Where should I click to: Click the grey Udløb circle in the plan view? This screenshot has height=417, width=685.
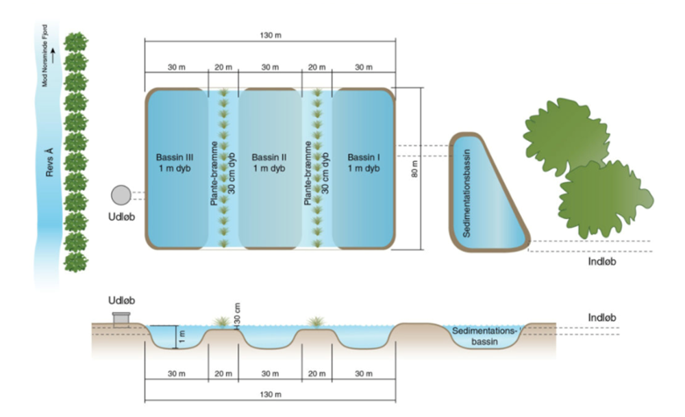coord(121,195)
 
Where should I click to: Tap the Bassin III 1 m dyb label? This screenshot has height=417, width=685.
coord(176,162)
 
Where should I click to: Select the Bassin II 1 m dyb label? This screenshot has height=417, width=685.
coord(270,162)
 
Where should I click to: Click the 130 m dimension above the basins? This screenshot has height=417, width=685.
coord(273,35)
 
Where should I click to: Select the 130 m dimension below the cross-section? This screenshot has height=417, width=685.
coord(273,395)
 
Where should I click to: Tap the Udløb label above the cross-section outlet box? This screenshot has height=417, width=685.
coord(121,301)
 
